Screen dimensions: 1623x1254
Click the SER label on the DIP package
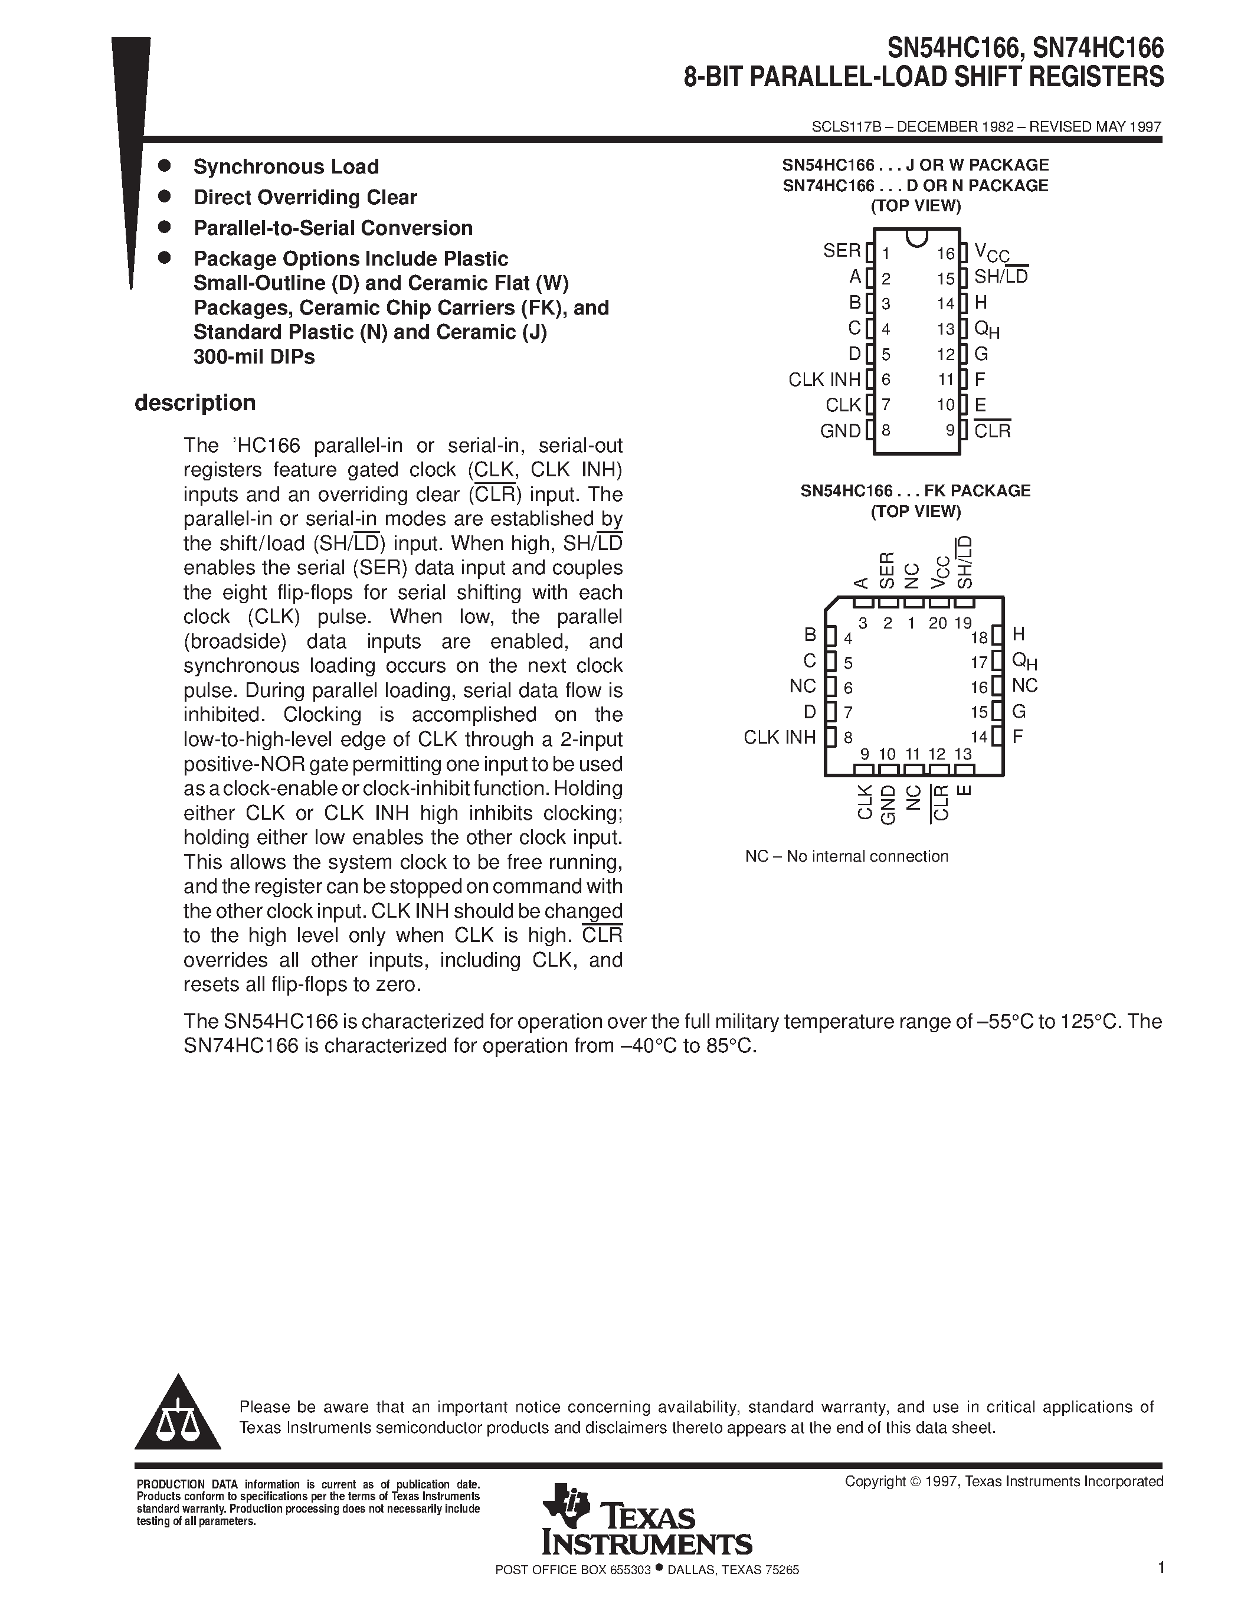[x=841, y=251]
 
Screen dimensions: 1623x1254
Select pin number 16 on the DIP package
[x=945, y=254]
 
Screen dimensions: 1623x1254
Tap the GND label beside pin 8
[x=840, y=431]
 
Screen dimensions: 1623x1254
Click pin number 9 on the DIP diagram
[x=949, y=430]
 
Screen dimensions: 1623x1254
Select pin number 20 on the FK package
[x=938, y=623]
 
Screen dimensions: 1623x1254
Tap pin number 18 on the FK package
[x=979, y=637]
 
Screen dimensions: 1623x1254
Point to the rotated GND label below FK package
[x=888, y=804]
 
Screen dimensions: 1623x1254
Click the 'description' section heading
[x=195, y=403]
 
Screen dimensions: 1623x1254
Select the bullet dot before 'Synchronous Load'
[x=165, y=165]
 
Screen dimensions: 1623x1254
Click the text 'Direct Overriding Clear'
[x=305, y=198]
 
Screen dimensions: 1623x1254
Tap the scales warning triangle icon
[x=178, y=1416]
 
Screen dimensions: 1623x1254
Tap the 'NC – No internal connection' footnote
[x=846, y=856]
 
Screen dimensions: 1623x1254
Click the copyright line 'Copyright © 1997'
[x=1003, y=1481]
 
